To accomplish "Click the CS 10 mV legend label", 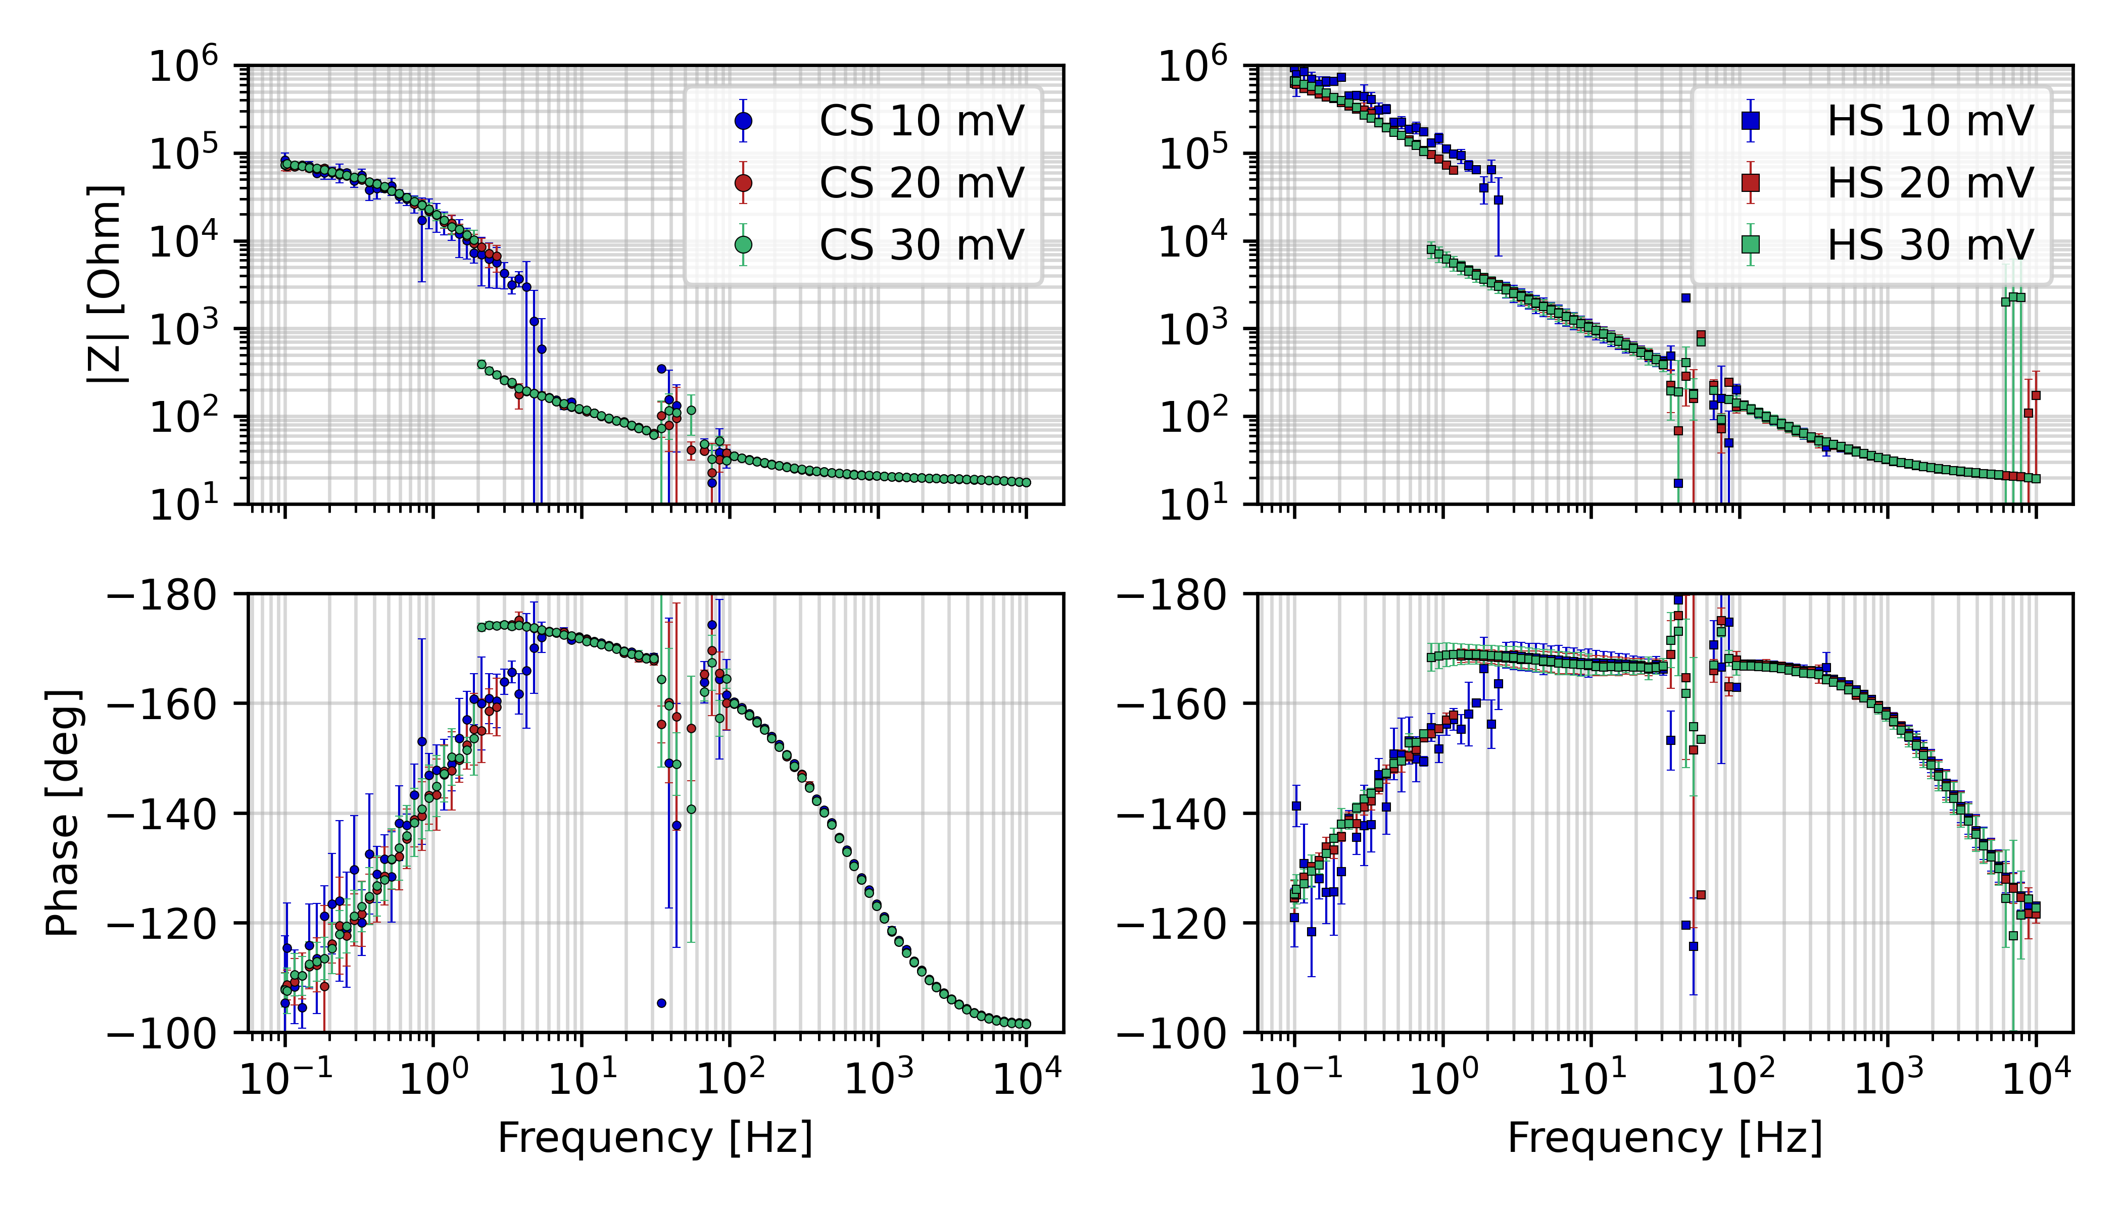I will [x=921, y=122].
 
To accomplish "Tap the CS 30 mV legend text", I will [x=921, y=245].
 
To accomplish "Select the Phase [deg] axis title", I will [x=63, y=813].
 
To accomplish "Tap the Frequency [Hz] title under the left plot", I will [x=655, y=1138].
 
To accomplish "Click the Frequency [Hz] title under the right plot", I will [x=1665, y=1138].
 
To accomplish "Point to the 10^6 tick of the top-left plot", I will [x=183, y=67].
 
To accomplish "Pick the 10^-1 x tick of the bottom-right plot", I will [x=1295, y=1080].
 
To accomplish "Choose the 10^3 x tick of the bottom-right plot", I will [x=1888, y=1080].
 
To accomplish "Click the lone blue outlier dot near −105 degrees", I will [x=661, y=1003].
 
